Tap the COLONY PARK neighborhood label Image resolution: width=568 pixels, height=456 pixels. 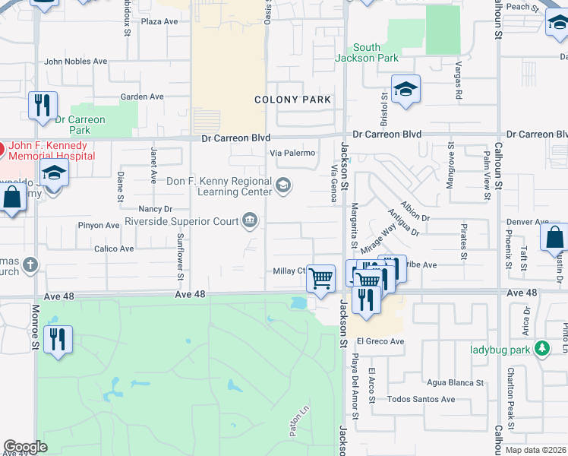tap(292, 100)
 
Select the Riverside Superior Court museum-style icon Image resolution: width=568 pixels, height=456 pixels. tap(249, 221)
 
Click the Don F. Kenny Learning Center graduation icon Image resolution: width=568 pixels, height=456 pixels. tap(283, 185)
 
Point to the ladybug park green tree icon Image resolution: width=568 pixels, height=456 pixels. tap(541, 348)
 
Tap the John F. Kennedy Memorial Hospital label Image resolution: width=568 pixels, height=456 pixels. tap(49, 150)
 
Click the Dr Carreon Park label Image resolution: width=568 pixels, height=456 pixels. tap(80, 125)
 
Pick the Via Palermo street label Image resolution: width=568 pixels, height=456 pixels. tap(293, 153)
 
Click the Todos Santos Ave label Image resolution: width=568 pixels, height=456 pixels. tap(421, 399)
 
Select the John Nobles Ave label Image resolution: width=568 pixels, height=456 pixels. tap(76, 62)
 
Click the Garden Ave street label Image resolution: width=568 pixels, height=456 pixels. tap(142, 97)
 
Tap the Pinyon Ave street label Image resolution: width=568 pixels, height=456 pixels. tap(98, 226)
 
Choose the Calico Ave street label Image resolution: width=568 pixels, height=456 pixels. tap(114, 249)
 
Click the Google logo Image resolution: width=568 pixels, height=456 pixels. tap(25, 447)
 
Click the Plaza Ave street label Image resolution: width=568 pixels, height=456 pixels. tap(159, 21)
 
